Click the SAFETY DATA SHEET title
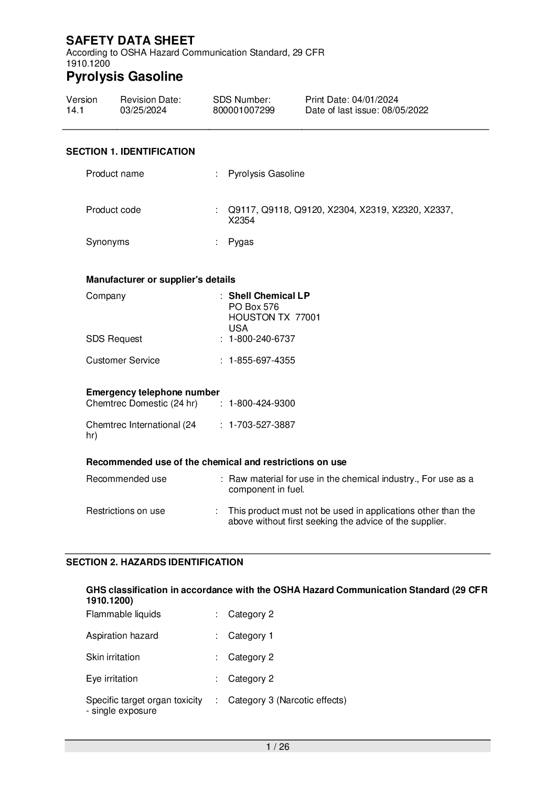point(130,40)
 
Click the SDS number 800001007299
point(243,110)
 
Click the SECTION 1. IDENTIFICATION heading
point(130,152)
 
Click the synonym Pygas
point(241,242)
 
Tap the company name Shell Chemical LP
point(269,296)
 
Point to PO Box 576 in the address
point(253,307)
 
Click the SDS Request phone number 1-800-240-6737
point(262,339)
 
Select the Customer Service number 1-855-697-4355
point(262,360)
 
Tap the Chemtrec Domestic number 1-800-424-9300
point(262,403)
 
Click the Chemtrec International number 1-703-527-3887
point(262,425)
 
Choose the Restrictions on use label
point(125,511)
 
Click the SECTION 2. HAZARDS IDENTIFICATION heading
point(154,562)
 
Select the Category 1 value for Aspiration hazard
point(251,636)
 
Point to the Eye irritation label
point(112,679)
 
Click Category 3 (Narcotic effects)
point(287,700)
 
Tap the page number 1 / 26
point(277,747)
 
